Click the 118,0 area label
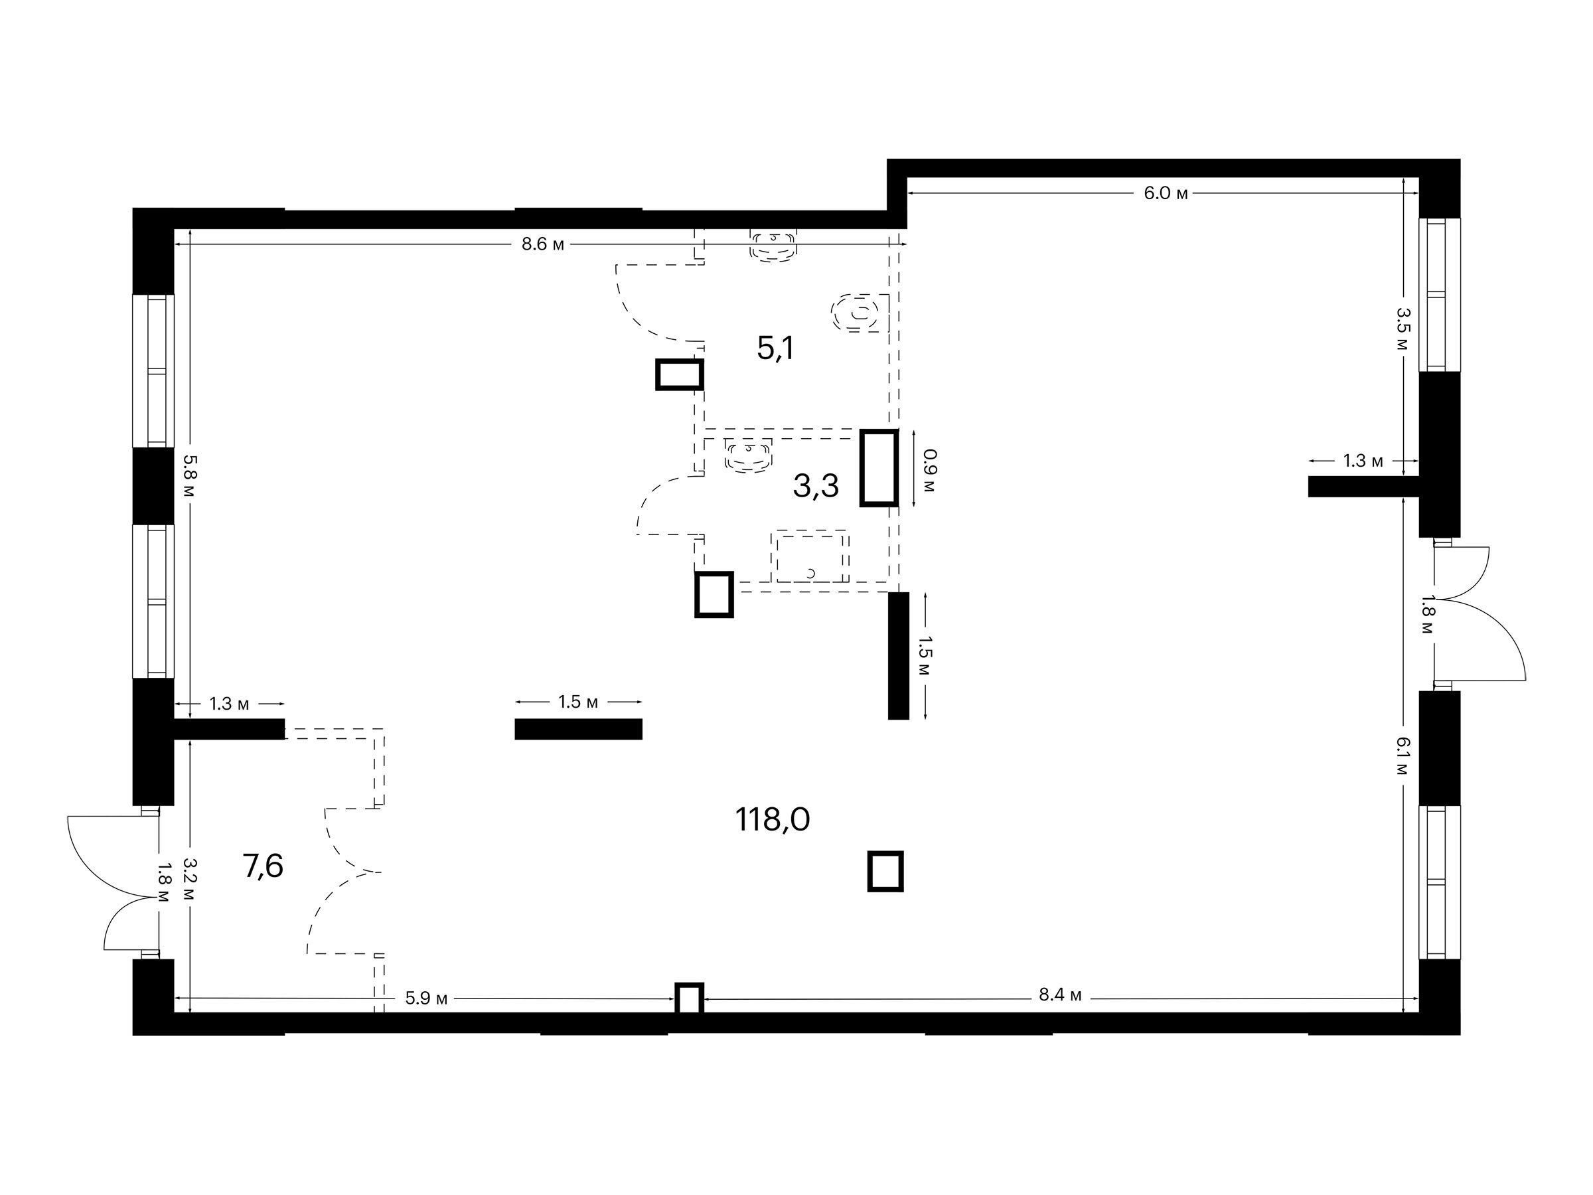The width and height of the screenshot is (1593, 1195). tap(773, 820)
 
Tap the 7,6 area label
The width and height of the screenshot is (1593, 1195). tap(264, 866)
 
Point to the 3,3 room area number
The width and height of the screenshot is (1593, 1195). tap(816, 486)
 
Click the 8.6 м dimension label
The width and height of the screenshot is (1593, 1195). tap(543, 244)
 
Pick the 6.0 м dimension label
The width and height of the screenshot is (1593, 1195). tap(1166, 193)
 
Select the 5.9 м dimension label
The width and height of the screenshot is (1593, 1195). tap(426, 998)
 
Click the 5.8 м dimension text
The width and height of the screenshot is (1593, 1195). tap(189, 476)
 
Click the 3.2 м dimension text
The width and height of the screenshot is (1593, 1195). tap(189, 879)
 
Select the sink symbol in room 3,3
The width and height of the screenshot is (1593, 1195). tap(749, 455)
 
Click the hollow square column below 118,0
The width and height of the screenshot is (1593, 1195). tap(885, 872)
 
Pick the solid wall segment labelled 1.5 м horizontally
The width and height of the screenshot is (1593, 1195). tap(578, 729)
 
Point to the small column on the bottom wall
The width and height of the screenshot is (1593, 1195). tap(689, 998)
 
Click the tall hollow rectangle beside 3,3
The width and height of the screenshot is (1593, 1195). tap(879, 468)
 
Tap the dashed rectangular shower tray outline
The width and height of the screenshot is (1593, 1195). tap(811, 558)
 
